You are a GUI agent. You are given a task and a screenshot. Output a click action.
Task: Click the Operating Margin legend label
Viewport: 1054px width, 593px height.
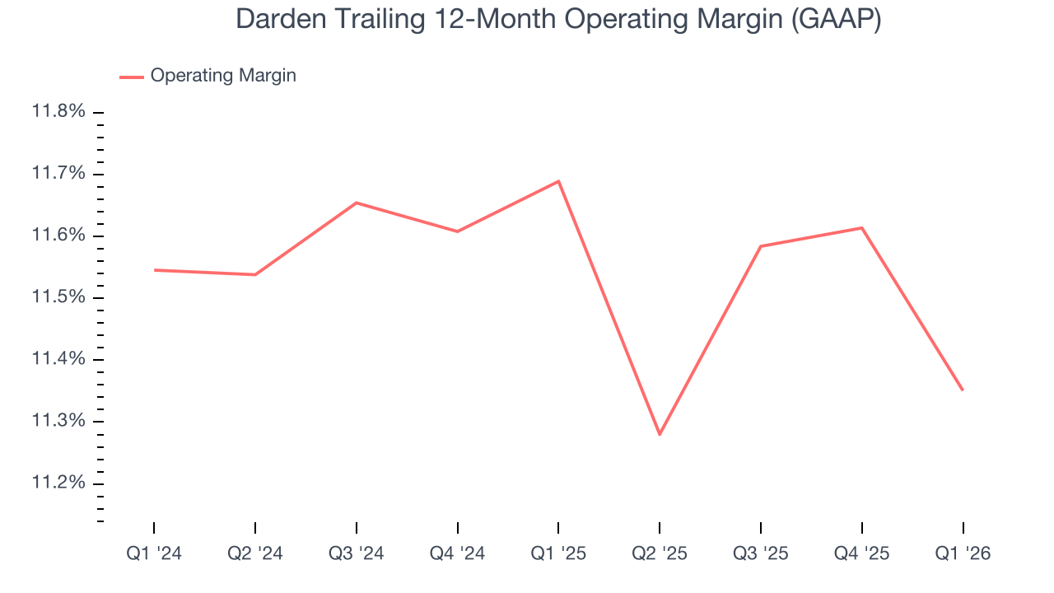(x=223, y=76)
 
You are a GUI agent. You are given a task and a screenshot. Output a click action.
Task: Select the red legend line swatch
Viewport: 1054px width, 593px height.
(x=132, y=77)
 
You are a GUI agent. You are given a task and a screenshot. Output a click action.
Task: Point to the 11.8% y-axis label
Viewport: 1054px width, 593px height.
(x=58, y=111)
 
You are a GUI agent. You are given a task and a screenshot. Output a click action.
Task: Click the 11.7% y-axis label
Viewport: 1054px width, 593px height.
(x=58, y=174)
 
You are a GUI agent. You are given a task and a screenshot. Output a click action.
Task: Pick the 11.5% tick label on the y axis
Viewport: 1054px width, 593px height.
(x=58, y=297)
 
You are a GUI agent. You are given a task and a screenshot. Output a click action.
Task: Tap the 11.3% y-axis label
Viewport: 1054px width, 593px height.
(x=58, y=421)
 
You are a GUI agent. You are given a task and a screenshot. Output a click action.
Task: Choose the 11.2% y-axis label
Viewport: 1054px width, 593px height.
(x=58, y=483)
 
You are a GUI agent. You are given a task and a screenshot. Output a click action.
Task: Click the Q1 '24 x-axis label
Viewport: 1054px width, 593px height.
(x=154, y=554)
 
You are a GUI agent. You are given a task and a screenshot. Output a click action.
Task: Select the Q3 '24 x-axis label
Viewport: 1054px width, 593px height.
(x=357, y=554)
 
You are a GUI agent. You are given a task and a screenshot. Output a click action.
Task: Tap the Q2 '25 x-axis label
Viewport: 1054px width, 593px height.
(x=660, y=554)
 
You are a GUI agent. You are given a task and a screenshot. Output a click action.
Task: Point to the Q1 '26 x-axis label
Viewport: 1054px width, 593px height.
(x=963, y=554)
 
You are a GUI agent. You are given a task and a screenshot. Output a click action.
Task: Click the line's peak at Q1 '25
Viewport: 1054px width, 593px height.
(x=558, y=181)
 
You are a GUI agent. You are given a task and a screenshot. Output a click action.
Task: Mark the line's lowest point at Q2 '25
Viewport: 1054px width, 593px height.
(x=660, y=434)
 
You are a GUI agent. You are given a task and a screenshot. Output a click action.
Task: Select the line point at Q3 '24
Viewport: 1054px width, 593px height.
(x=357, y=203)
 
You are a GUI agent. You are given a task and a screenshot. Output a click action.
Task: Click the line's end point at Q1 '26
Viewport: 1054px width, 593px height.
(x=963, y=390)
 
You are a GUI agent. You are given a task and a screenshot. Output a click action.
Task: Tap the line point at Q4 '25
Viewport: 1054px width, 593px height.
(x=862, y=227)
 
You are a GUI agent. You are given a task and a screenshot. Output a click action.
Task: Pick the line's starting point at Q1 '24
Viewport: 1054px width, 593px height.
(x=154, y=270)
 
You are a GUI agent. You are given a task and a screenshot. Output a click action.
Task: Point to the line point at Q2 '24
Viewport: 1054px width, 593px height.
(x=255, y=274)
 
